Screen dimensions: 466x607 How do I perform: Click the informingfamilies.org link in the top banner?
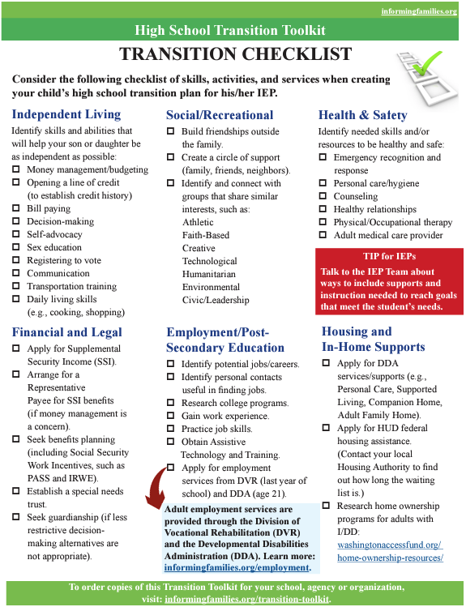click(x=419, y=11)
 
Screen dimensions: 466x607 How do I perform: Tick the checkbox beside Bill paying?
click(x=16, y=209)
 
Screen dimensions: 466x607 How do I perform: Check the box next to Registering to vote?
click(x=16, y=261)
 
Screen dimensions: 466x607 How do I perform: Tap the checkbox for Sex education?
click(x=16, y=248)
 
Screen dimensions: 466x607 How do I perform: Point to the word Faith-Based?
click(x=205, y=235)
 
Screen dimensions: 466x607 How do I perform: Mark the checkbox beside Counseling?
click(x=323, y=197)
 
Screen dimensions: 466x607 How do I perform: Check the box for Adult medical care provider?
click(x=323, y=236)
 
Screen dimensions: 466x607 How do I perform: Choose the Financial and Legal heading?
click(x=67, y=331)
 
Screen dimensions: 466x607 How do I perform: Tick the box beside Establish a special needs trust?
click(x=16, y=491)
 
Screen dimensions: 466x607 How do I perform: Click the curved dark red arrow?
click(x=155, y=497)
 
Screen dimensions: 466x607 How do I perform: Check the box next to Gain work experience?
click(x=171, y=417)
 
